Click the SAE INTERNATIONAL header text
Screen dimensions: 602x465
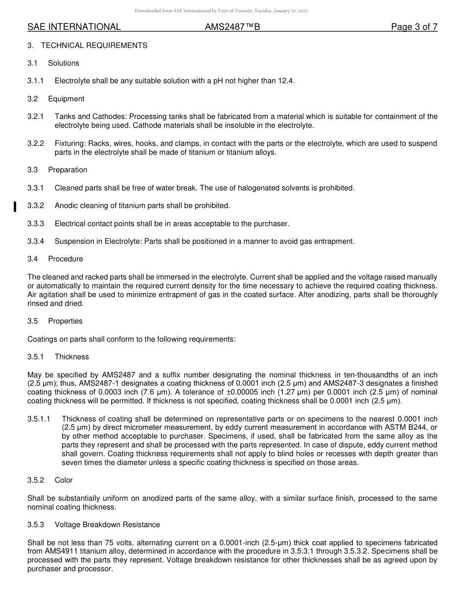pyautogui.click(x=74, y=27)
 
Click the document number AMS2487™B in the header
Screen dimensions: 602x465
pyautogui.click(x=232, y=27)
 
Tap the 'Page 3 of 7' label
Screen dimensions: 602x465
pyautogui.click(x=414, y=27)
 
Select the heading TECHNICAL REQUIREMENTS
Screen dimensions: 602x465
pyautogui.click(x=94, y=46)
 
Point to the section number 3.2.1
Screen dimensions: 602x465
pyautogui.click(x=36, y=116)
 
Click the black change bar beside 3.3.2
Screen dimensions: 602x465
pyautogui.click(x=15, y=206)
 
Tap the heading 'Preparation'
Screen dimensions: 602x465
pyautogui.click(x=68, y=170)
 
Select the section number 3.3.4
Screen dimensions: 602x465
pyautogui.click(x=36, y=241)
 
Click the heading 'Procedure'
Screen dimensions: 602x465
pyautogui.click(x=66, y=259)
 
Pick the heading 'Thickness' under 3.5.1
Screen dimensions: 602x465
pyautogui.click(x=72, y=357)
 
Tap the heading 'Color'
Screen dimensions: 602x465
pyautogui.click(x=64, y=480)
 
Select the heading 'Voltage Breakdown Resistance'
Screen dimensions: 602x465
pyautogui.click(x=107, y=525)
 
